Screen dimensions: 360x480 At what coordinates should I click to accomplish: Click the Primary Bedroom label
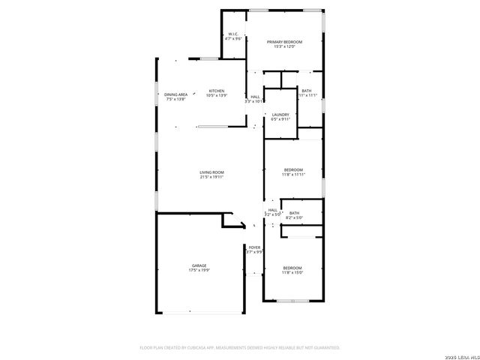pyautogui.click(x=285, y=42)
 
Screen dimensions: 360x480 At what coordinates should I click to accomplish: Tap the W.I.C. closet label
pyautogui.click(x=234, y=34)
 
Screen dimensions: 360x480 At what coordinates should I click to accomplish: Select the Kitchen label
pyautogui.click(x=217, y=91)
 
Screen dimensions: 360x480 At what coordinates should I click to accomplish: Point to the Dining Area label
pyautogui.click(x=176, y=94)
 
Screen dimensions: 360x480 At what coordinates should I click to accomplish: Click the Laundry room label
pyautogui.click(x=280, y=114)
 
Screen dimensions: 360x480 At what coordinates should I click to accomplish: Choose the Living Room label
pyautogui.click(x=212, y=172)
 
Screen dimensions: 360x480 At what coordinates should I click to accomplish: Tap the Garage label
pyautogui.click(x=199, y=265)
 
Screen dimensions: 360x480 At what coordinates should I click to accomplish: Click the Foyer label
pyautogui.click(x=255, y=247)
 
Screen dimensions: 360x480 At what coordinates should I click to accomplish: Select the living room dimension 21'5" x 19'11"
pyautogui.click(x=212, y=178)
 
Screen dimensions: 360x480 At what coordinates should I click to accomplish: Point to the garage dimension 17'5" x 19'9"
pyautogui.click(x=199, y=270)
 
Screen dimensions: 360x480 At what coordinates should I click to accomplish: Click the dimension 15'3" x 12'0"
pyautogui.click(x=285, y=46)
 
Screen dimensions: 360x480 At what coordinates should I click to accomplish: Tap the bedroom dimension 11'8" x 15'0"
pyautogui.click(x=292, y=272)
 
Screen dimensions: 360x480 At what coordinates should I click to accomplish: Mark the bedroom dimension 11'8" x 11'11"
pyautogui.click(x=293, y=175)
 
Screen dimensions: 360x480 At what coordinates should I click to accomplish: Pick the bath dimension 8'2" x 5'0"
pyautogui.click(x=294, y=217)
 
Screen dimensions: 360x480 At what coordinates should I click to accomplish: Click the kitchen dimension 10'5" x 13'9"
pyautogui.click(x=217, y=95)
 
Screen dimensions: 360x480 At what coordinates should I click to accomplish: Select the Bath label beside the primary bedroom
pyautogui.click(x=307, y=91)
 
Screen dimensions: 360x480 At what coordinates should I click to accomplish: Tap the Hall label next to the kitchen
pyautogui.click(x=256, y=97)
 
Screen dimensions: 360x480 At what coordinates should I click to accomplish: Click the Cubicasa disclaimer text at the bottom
pyautogui.click(x=240, y=347)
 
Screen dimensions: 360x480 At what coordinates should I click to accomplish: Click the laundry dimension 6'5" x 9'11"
pyautogui.click(x=280, y=118)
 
